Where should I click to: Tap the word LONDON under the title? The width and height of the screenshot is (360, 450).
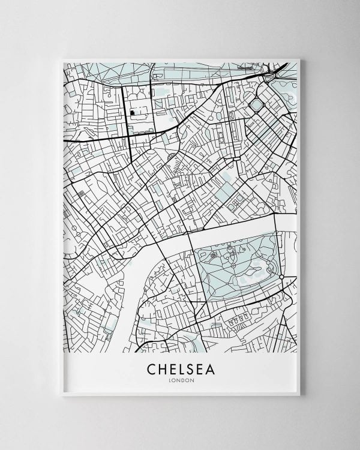(x=179, y=378)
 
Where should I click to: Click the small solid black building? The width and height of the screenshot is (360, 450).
(x=133, y=112)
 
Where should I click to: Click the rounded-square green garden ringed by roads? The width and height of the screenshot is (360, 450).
(x=256, y=106)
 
